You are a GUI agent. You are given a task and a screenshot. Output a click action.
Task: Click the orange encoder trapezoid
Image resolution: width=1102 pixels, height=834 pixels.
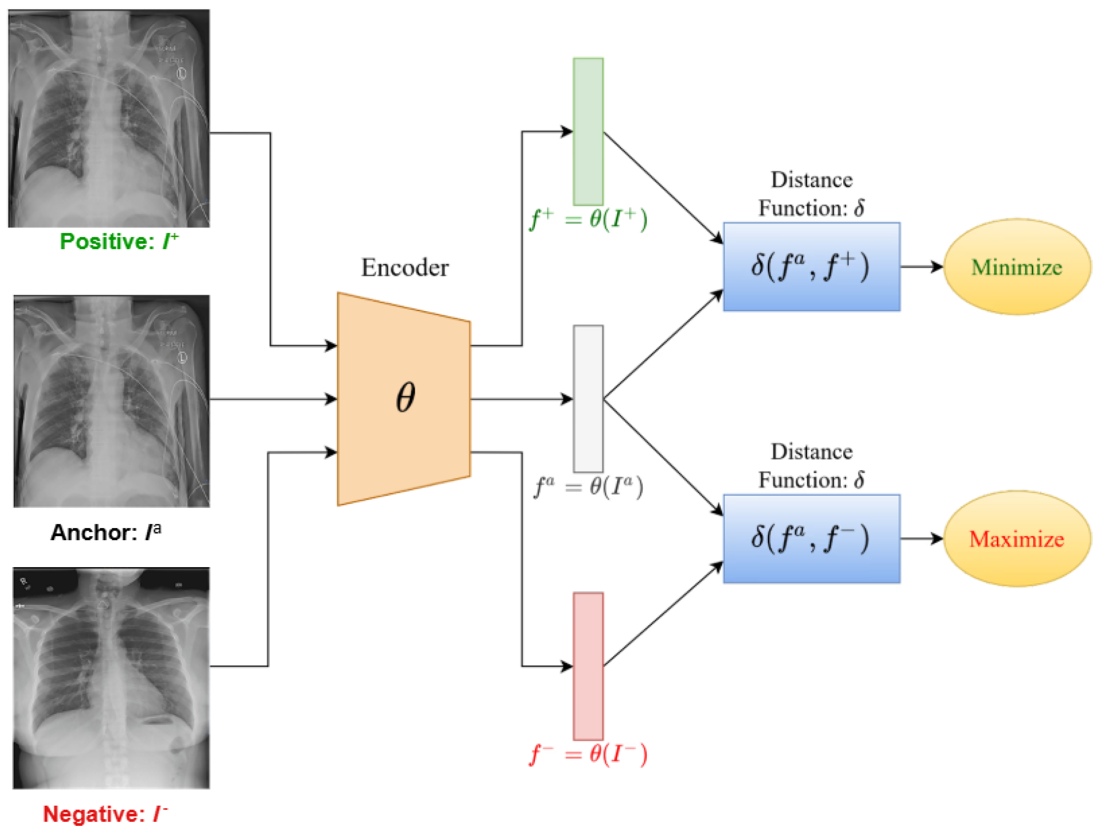pos(404,399)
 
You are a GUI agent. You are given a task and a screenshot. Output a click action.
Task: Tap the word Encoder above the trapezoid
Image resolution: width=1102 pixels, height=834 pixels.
pos(405,268)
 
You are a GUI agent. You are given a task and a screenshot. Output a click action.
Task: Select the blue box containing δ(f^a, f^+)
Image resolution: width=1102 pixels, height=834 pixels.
pos(811,267)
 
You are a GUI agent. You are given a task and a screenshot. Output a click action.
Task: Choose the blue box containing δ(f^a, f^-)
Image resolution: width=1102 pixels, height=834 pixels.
pos(811,539)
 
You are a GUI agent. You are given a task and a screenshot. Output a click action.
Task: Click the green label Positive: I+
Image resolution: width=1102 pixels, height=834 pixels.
pos(118,242)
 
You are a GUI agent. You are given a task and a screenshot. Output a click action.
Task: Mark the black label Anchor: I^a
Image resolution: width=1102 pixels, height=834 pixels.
pos(106,533)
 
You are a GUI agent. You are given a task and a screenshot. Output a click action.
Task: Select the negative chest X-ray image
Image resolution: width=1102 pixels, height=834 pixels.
pos(111,677)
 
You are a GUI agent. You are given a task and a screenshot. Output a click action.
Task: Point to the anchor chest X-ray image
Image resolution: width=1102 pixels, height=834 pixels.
pos(112,401)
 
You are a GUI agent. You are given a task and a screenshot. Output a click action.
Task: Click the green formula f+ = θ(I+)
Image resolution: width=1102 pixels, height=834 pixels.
pos(588,219)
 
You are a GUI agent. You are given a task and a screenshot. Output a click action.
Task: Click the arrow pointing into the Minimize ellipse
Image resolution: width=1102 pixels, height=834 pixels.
pos(922,267)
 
